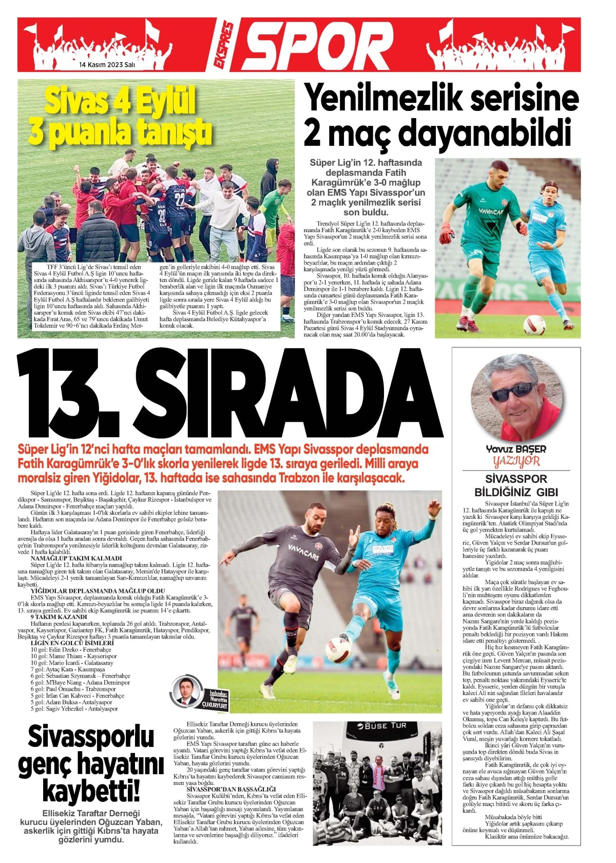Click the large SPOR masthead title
318,45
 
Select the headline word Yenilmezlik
390,98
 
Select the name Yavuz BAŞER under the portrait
516,449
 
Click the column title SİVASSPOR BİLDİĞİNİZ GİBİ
516,485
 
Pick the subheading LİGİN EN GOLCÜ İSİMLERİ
72,643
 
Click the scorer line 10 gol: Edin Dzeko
71,650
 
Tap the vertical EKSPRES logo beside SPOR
225,46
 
